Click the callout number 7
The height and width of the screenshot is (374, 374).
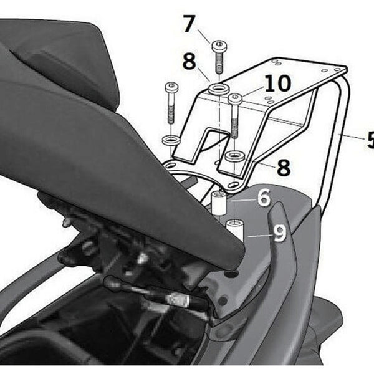point(189,24)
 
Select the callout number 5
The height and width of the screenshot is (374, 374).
point(370,140)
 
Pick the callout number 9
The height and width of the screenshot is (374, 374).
point(279,234)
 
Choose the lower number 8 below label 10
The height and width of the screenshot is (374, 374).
point(283,167)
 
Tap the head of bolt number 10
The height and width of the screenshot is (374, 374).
point(234,98)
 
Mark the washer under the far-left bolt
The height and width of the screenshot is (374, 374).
point(171,140)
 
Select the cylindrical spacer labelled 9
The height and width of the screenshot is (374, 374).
point(234,230)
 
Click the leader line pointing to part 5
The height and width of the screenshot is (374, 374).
point(352,136)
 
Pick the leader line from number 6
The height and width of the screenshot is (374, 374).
point(241,200)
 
